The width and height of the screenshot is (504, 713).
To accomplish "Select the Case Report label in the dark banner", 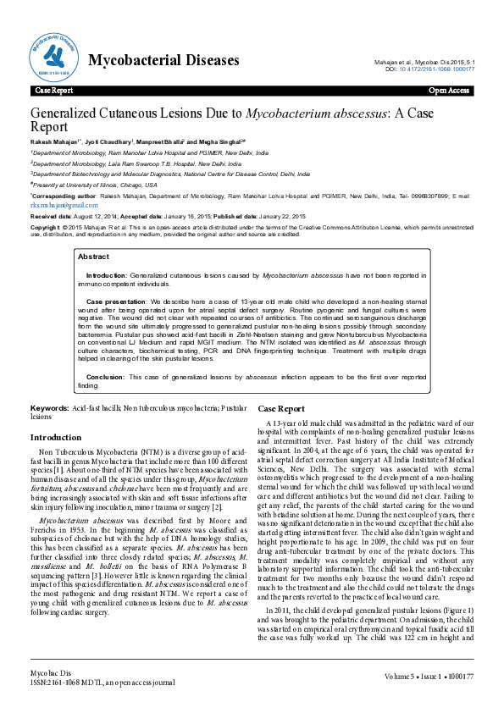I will coord(53,89).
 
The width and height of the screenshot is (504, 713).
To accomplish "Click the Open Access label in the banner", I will coord(449,89).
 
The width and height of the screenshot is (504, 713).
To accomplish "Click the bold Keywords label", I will coord(50,408).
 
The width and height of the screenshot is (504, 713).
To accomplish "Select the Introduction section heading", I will coord(56,437).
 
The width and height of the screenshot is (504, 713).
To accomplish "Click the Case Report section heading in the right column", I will coord(281,408).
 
